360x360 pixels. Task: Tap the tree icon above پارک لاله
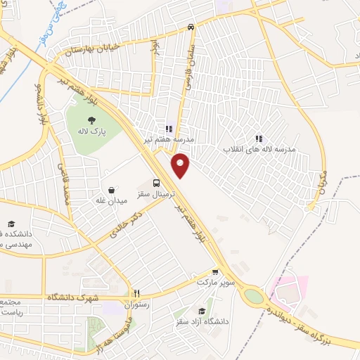[92, 120]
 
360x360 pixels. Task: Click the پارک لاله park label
[91, 131]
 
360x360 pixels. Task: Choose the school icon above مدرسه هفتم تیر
[169, 129]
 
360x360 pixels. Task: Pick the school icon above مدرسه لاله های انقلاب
[259, 139]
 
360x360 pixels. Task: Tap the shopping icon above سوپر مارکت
[215, 271]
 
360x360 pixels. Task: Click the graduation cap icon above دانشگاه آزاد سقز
[202, 311]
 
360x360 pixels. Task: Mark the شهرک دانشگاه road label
[70, 297]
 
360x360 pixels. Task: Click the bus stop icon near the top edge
[191, 27]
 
